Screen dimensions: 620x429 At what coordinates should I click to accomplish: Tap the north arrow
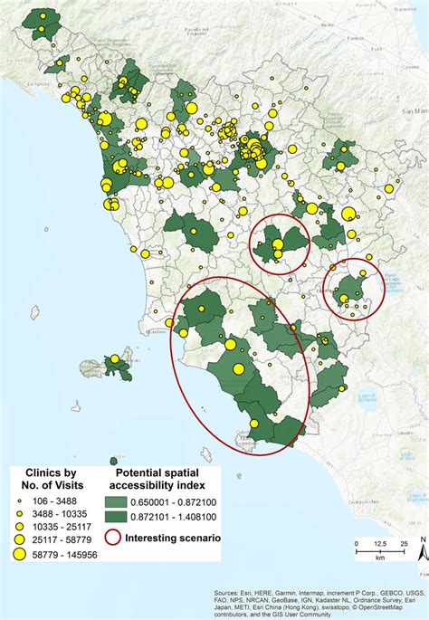click(x=420, y=543)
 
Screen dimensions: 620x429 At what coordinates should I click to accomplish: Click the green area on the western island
click(x=115, y=367)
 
